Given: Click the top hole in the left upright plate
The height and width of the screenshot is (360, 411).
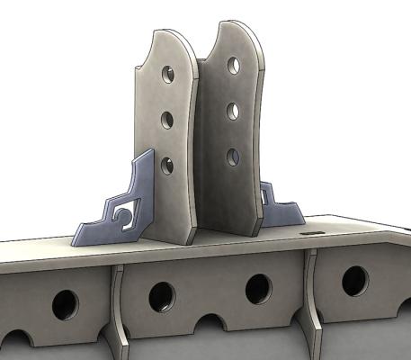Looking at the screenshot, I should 165,73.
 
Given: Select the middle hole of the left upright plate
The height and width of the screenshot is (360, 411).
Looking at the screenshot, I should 166,118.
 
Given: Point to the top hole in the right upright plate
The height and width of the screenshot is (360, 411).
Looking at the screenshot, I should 233,67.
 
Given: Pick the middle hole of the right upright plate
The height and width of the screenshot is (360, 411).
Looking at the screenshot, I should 232,112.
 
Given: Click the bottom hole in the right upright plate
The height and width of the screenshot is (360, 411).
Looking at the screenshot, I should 232,157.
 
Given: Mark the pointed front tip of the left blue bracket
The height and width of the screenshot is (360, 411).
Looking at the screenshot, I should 76,239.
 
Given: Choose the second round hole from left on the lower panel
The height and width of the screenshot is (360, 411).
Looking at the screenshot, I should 162,296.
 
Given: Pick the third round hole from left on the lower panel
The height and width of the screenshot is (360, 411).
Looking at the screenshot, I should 257,288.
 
